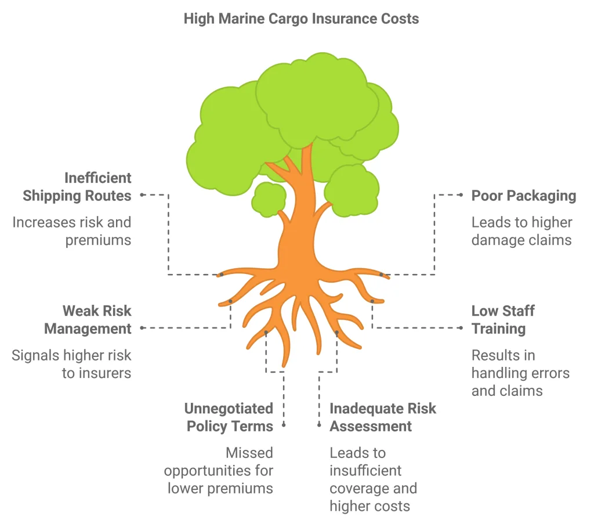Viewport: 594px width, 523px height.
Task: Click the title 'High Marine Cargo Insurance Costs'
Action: point(301,19)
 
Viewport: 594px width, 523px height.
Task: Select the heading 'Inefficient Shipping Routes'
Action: point(77,187)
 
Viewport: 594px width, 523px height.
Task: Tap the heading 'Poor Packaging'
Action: point(523,196)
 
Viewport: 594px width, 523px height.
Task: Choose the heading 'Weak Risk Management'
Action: point(88,320)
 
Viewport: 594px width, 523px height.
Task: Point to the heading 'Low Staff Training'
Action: point(502,320)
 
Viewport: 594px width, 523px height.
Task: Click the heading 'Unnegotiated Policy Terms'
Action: point(229,417)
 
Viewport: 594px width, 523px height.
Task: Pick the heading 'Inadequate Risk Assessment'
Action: point(382,417)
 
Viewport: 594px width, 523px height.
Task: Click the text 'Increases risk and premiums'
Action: point(72,231)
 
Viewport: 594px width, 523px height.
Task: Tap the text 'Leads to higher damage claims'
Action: point(521,231)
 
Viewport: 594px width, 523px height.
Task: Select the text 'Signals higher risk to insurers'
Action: point(72,364)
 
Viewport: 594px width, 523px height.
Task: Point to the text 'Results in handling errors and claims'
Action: point(520,373)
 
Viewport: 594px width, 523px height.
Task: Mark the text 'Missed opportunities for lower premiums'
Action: point(219,470)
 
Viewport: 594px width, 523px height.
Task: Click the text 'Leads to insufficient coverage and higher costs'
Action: point(373,479)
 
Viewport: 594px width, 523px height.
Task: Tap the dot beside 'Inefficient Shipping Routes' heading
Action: point(142,196)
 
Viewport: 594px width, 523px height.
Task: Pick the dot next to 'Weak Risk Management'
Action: point(142,328)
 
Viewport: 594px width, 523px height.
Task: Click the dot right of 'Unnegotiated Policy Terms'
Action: point(284,425)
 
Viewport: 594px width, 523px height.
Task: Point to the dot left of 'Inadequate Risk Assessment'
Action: point(319,425)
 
